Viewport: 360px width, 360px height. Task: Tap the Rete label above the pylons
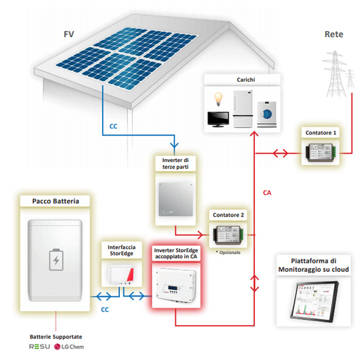(x=334, y=34)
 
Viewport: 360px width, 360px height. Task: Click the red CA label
(x=268, y=193)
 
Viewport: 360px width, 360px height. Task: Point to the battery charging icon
(x=56, y=260)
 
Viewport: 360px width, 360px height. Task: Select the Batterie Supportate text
(x=56, y=337)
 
